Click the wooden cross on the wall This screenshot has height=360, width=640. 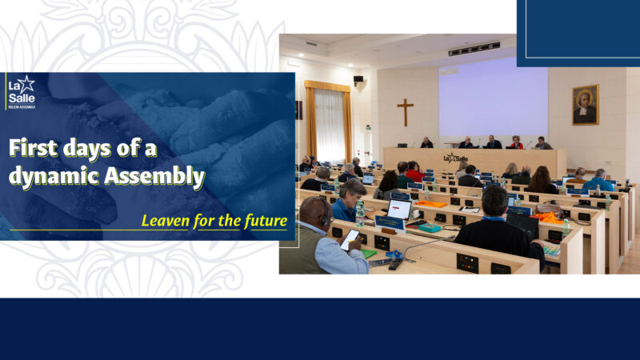(406, 112)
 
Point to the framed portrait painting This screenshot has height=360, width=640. (585, 105)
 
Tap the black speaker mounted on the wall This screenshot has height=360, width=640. (358, 80)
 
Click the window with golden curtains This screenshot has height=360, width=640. (329, 123)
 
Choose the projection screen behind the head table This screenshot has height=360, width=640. (493, 102)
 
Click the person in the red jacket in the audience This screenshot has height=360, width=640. (414, 172)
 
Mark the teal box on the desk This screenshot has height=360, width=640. (430, 228)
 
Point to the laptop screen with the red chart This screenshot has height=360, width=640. (398, 210)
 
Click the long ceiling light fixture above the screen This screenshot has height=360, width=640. (474, 50)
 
